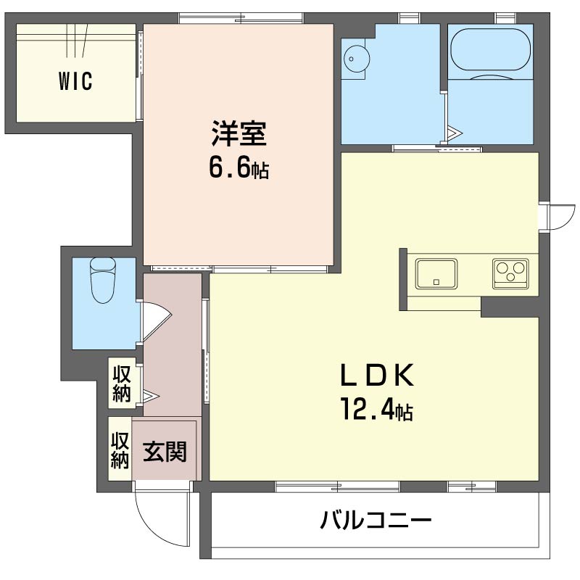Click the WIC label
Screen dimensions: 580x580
pos(75,82)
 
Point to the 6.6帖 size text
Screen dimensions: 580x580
pos(239,168)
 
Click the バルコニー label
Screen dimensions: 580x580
pos(376,521)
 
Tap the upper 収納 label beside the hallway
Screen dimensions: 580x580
pos(121,384)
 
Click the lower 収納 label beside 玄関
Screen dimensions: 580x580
pos(120,450)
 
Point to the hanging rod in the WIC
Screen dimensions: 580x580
pos(76,39)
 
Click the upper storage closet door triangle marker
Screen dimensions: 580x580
pos(150,396)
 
